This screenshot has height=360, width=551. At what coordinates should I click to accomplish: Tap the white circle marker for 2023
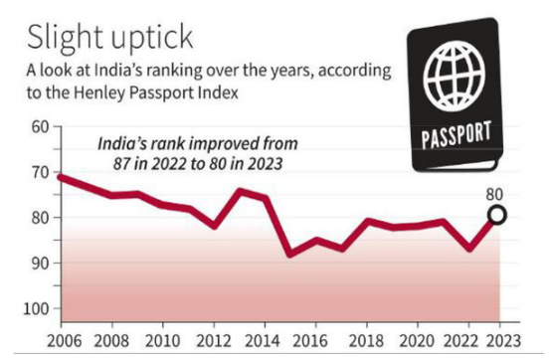[x=496, y=215]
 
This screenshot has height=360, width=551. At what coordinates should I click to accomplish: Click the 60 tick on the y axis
[x=40, y=126]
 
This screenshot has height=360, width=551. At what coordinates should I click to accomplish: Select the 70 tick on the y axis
[x=40, y=172]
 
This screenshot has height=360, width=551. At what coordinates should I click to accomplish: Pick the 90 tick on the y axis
[x=40, y=263]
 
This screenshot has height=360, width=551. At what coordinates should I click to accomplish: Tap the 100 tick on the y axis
[x=37, y=308]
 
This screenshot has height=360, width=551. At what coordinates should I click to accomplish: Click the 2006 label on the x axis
[x=63, y=341]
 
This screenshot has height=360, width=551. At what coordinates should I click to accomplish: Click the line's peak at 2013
[x=241, y=191]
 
